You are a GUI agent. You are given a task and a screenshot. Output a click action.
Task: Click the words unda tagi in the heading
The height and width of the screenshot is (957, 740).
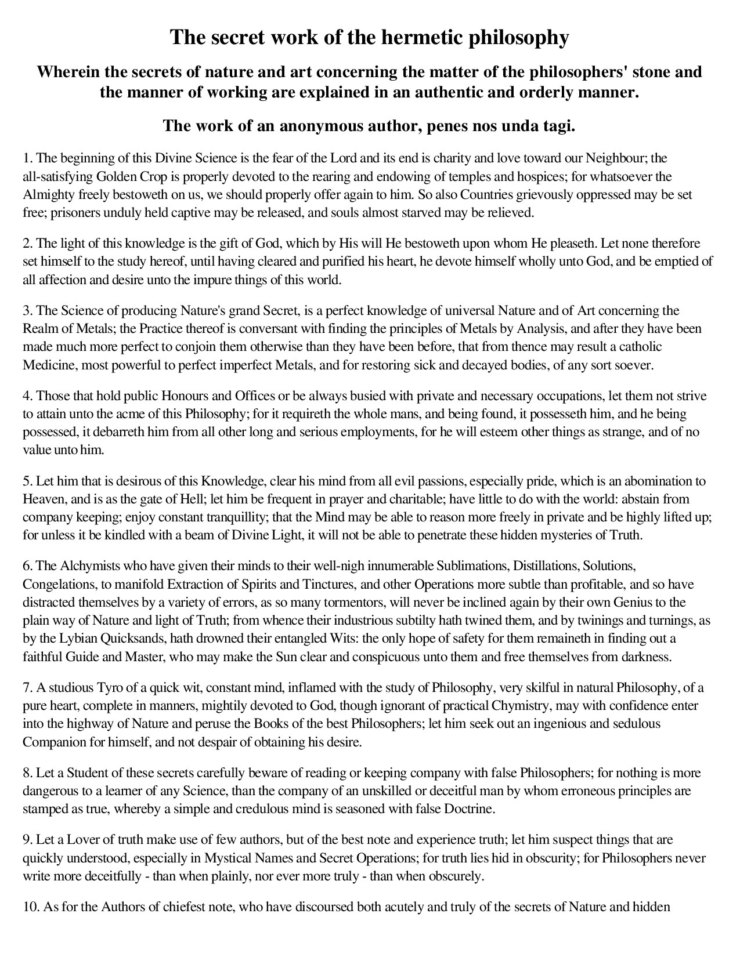pos(541,126)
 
